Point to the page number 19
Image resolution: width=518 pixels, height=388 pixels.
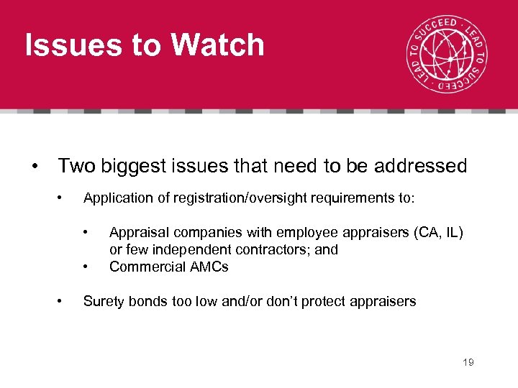click(x=468, y=362)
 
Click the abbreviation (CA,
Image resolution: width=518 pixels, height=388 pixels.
click(x=425, y=233)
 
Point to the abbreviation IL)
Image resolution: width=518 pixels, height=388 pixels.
click(x=454, y=233)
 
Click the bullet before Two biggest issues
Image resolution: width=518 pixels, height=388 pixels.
click(x=35, y=166)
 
